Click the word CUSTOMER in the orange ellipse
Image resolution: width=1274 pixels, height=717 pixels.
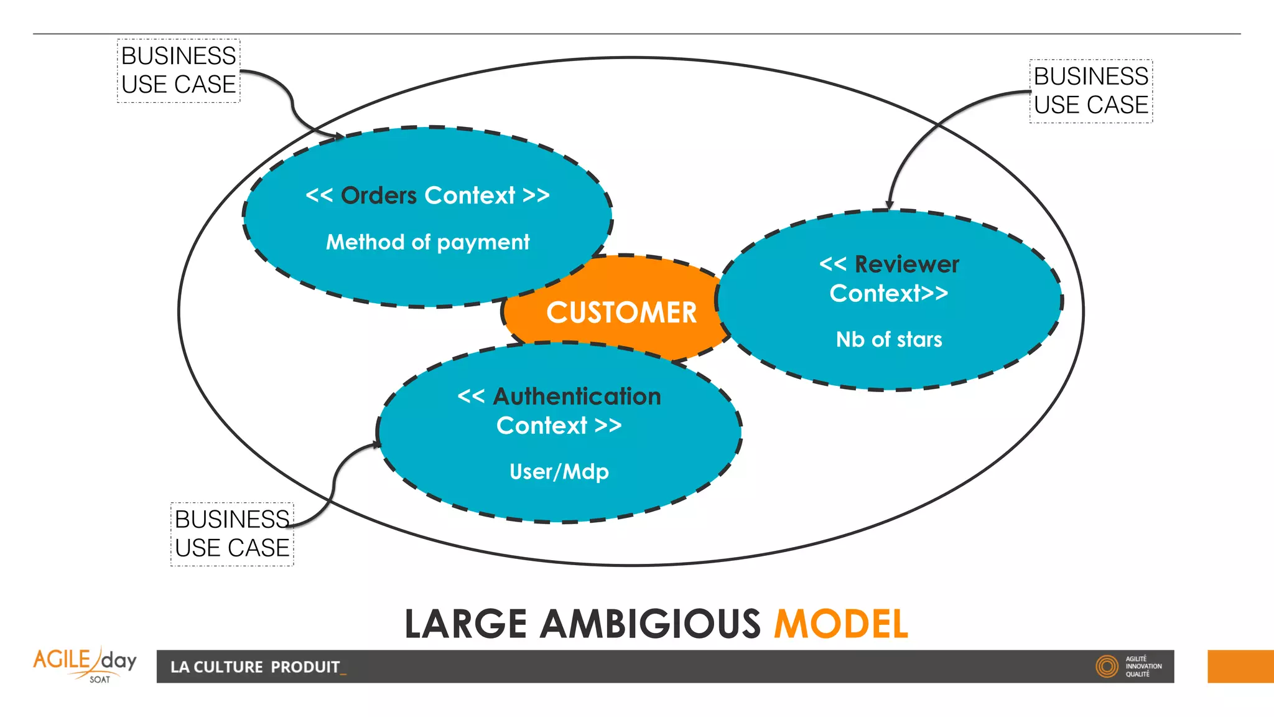pos(621,312)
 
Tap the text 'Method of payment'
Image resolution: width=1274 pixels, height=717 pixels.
pos(428,242)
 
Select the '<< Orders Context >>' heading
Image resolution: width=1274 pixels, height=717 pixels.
pos(428,195)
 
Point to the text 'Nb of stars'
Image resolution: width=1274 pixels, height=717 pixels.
pos(889,340)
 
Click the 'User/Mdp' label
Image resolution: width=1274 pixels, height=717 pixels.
pos(559,472)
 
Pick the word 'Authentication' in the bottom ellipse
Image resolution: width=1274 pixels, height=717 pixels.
pos(577,396)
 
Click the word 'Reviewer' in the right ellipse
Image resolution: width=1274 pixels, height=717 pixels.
pos(906,265)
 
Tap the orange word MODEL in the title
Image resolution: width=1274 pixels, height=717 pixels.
pos(840,624)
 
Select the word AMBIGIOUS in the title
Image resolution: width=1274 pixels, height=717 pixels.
pos(650,624)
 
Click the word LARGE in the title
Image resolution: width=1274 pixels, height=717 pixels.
pos(465,624)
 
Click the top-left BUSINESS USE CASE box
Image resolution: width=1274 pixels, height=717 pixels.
pos(179,70)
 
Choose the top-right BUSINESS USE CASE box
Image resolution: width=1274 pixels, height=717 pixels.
pos(1090,91)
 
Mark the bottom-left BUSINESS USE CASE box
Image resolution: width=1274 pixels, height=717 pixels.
pos(232,534)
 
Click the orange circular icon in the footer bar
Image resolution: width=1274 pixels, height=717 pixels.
pos(1107,667)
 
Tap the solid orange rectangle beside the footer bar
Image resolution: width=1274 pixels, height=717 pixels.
pos(1240,667)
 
